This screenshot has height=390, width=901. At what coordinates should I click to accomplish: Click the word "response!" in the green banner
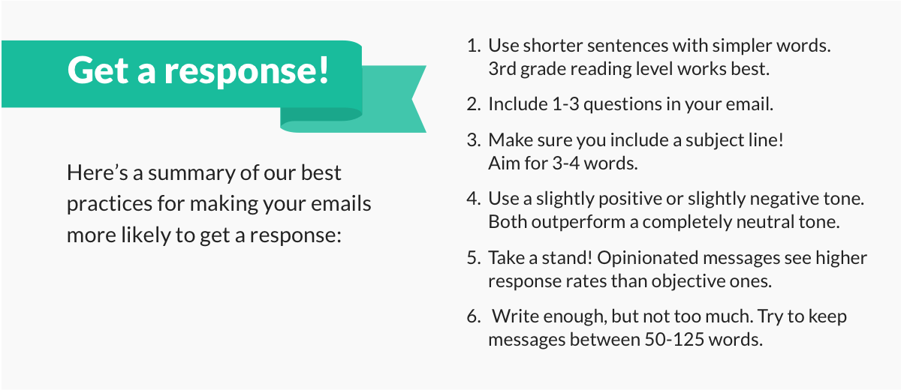246,71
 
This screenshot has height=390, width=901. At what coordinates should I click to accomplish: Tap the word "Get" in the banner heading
98,70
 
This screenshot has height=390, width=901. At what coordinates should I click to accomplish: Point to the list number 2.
474,104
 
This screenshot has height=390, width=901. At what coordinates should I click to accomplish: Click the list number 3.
474,140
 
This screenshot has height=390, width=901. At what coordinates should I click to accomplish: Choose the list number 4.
474,199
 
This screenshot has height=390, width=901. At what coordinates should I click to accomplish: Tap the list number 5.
474,258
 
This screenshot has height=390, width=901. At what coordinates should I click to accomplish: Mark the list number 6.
474,316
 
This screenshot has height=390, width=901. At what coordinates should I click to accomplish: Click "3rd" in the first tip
502,69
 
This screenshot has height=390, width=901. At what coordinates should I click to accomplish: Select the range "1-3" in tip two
565,104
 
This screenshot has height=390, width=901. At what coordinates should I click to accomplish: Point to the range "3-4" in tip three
566,163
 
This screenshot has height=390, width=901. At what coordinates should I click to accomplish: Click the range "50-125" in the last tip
674,340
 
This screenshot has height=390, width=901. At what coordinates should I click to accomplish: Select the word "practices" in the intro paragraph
110,205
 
